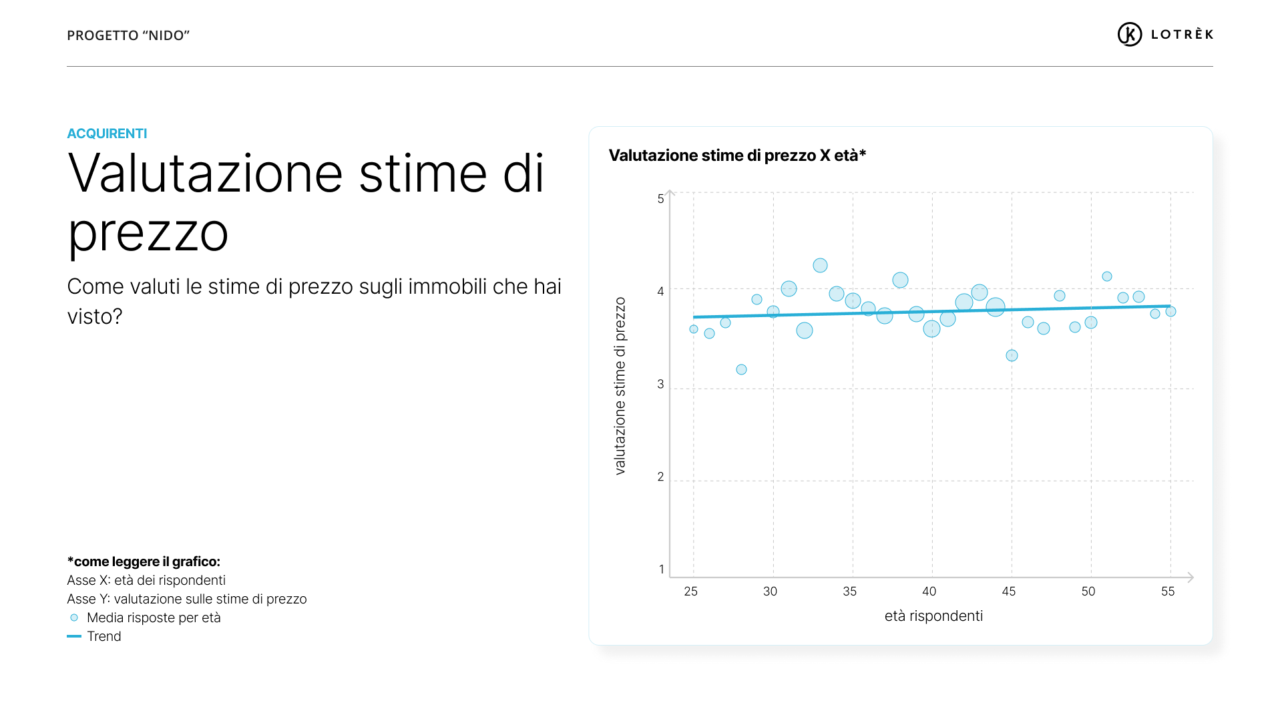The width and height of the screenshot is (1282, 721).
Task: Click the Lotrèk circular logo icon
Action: [x=1129, y=34]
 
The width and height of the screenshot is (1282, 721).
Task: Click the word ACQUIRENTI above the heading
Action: [x=107, y=134]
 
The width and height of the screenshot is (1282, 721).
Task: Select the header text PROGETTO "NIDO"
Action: [x=128, y=35]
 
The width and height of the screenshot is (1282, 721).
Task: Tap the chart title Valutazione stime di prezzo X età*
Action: [x=737, y=156]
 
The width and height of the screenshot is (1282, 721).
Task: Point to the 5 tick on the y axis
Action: [x=660, y=199]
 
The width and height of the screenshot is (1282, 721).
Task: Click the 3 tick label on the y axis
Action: [x=660, y=385]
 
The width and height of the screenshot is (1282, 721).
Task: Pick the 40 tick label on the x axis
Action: [x=929, y=591]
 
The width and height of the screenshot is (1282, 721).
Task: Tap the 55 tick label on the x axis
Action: [x=1167, y=591]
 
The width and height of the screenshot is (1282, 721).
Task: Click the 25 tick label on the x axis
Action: [x=690, y=591]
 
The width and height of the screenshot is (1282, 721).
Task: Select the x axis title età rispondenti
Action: [x=933, y=616]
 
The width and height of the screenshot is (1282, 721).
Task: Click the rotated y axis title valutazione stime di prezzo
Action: [x=620, y=386]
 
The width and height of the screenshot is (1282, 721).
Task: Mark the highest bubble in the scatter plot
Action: [x=820, y=266]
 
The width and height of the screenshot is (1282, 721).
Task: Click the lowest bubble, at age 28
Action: [x=741, y=370]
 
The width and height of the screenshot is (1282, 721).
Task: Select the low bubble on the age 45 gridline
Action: [x=1012, y=356]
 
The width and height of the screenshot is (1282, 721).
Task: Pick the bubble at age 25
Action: [x=694, y=329]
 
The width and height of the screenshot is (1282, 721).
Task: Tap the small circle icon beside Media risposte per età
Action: [x=74, y=618]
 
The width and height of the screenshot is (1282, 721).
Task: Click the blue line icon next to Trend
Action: [x=74, y=636]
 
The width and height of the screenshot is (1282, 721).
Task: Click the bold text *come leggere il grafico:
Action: [x=144, y=561]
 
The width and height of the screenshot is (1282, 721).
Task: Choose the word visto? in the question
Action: [x=95, y=316]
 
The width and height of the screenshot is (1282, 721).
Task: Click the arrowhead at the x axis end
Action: [x=1191, y=577]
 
